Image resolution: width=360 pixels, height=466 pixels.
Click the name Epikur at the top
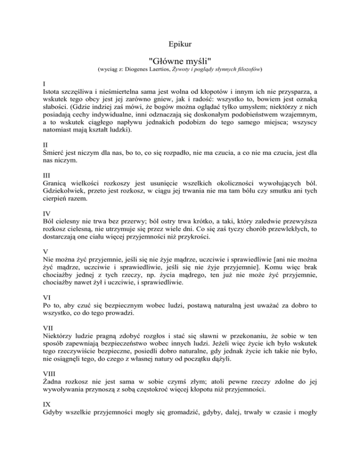180,45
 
